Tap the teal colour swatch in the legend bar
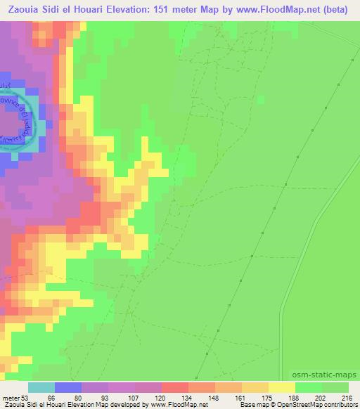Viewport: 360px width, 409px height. pos(41,387)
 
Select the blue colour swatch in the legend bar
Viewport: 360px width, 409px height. pos(68,387)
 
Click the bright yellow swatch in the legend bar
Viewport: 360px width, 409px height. pos(282,387)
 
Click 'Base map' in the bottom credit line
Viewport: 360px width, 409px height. pos(252,405)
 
